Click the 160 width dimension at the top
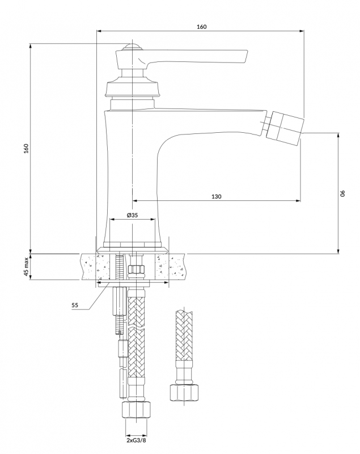(201, 27)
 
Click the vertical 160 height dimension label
(27, 149)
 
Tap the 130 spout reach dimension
(217, 196)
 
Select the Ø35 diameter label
(133, 215)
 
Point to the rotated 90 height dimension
(342, 194)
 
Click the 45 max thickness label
(26, 267)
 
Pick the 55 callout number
(75, 305)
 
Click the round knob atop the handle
(133, 47)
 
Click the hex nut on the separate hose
(184, 392)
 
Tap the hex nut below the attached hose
(137, 409)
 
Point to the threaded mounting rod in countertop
(118, 267)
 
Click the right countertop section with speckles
(170, 267)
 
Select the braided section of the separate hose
(184, 335)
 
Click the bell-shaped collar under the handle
(133, 86)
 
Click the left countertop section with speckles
(96, 267)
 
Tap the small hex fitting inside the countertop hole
(136, 269)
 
